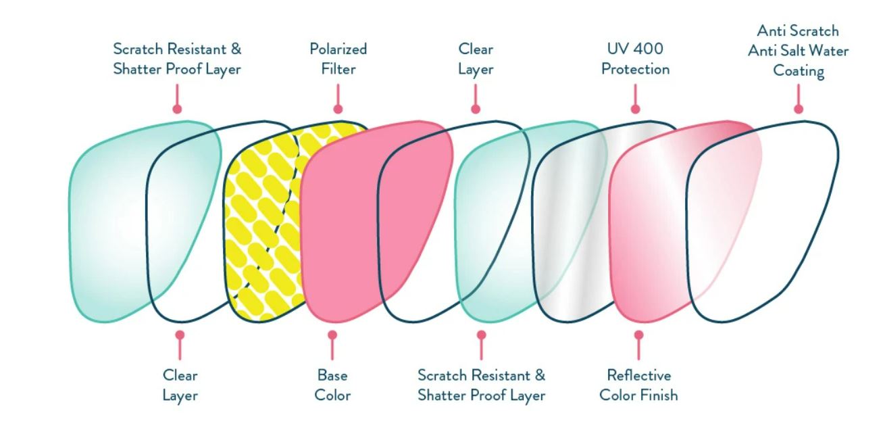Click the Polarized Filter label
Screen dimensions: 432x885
pyautogui.click(x=338, y=59)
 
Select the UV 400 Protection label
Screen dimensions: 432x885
pyautogui.click(x=635, y=59)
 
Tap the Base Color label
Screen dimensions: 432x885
pyautogui.click(x=332, y=385)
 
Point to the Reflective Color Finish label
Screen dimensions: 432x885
pyautogui.click(x=638, y=385)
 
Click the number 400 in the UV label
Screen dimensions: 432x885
pyautogui.click(x=649, y=49)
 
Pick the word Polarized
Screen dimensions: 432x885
pyautogui.click(x=338, y=49)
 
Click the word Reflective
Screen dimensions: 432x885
pyautogui.click(x=638, y=375)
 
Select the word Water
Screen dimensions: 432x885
pyautogui.click(x=829, y=51)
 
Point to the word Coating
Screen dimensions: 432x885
pyautogui.click(x=799, y=71)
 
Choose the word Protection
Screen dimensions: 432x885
pyautogui.click(x=635, y=69)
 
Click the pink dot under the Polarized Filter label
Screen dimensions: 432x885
pyautogui.click(x=338, y=109)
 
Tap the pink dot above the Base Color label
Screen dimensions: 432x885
pyautogui.click(x=332, y=335)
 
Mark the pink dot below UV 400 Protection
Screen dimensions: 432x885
pyautogui.click(x=635, y=109)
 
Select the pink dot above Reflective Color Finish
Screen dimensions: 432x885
pyautogui.click(x=638, y=335)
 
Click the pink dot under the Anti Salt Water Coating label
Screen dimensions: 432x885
pyautogui.click(x=799, y=109)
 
